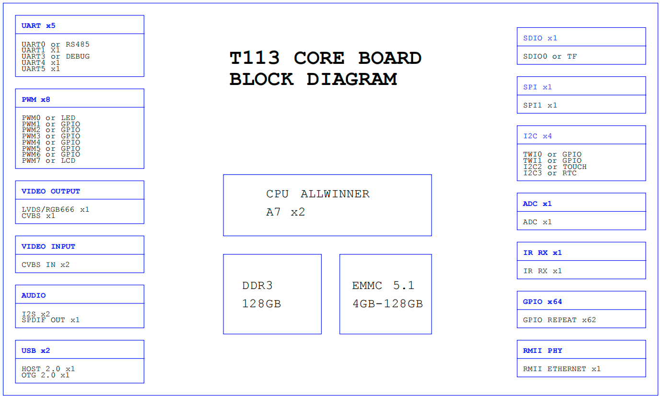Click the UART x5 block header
[x=38, y=25]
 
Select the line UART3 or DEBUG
[x=56, y=56]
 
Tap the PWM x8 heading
[x=36, y=99]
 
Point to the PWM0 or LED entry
[x=48, y=118]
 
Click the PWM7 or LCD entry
[x=48, y=160]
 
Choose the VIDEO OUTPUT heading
[x=51, y=191]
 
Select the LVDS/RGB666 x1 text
[x=56, y=209]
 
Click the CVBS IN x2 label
[x=46, y=265]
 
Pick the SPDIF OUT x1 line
[x=51, y=320]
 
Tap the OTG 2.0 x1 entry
[x=46, y=375]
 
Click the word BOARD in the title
[x=390, y=58]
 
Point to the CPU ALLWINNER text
[x=318, y=194]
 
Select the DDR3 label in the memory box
[x=257, y=286]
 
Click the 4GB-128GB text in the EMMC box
[x=388, y=304]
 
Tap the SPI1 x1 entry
[x=540, y=105]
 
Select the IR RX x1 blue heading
[x=542, y=253]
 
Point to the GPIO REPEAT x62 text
[x=559, y=320]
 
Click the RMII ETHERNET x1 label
[x=562, y=369]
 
